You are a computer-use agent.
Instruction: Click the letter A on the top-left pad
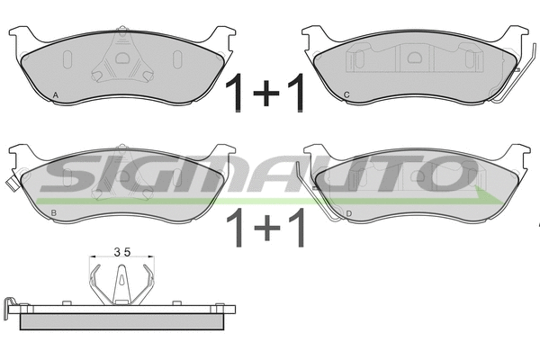56,95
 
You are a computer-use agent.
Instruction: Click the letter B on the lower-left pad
53,213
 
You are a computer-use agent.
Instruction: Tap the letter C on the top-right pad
346,94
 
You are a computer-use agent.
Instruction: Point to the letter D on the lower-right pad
349,214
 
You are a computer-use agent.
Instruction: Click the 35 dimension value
122,253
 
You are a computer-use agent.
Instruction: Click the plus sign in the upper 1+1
265,93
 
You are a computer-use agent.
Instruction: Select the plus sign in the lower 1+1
267,228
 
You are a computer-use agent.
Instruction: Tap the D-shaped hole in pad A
121,58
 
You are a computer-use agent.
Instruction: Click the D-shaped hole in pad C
415,58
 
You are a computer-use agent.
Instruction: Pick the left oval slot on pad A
67,60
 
